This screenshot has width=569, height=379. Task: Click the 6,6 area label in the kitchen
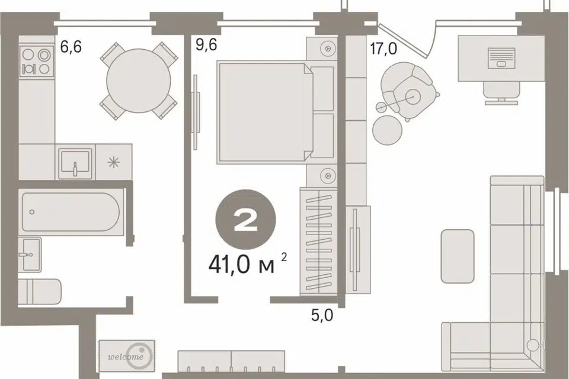pyautogui.click(x=71, y=47)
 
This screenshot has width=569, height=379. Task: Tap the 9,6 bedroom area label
pyautogui.click(x=206, y=45)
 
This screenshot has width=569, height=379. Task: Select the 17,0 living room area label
pyautogui.click(x=383, y=48)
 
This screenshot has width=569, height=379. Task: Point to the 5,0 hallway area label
pyautogui.click(x=322, y=315)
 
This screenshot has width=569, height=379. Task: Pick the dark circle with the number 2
pyautogui.click(x=246, y=220)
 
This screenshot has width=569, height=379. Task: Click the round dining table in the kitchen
pyautogui.click(x=138, y=81)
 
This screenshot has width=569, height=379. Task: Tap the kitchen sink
pyautogui.click(x=75, y=162)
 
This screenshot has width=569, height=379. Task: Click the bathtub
pyautogui.click(x=71, y=212)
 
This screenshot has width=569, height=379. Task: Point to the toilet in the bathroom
pyautogui.click(x=40, y=291)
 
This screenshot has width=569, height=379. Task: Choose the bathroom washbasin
pyautogui.click(x=30, y=254)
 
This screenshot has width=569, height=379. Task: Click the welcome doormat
pyautogui.click(x=127, y=356)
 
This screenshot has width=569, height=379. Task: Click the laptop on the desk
pyautogui.click(x=501, y=57)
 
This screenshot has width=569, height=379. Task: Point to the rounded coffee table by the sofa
pyautogui.click(x=458, y=256)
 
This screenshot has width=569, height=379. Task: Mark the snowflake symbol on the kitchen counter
pyautogui.click(x=114, y=162)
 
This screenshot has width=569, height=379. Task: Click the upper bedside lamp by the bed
pyautogui.click(x=327, y=48)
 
